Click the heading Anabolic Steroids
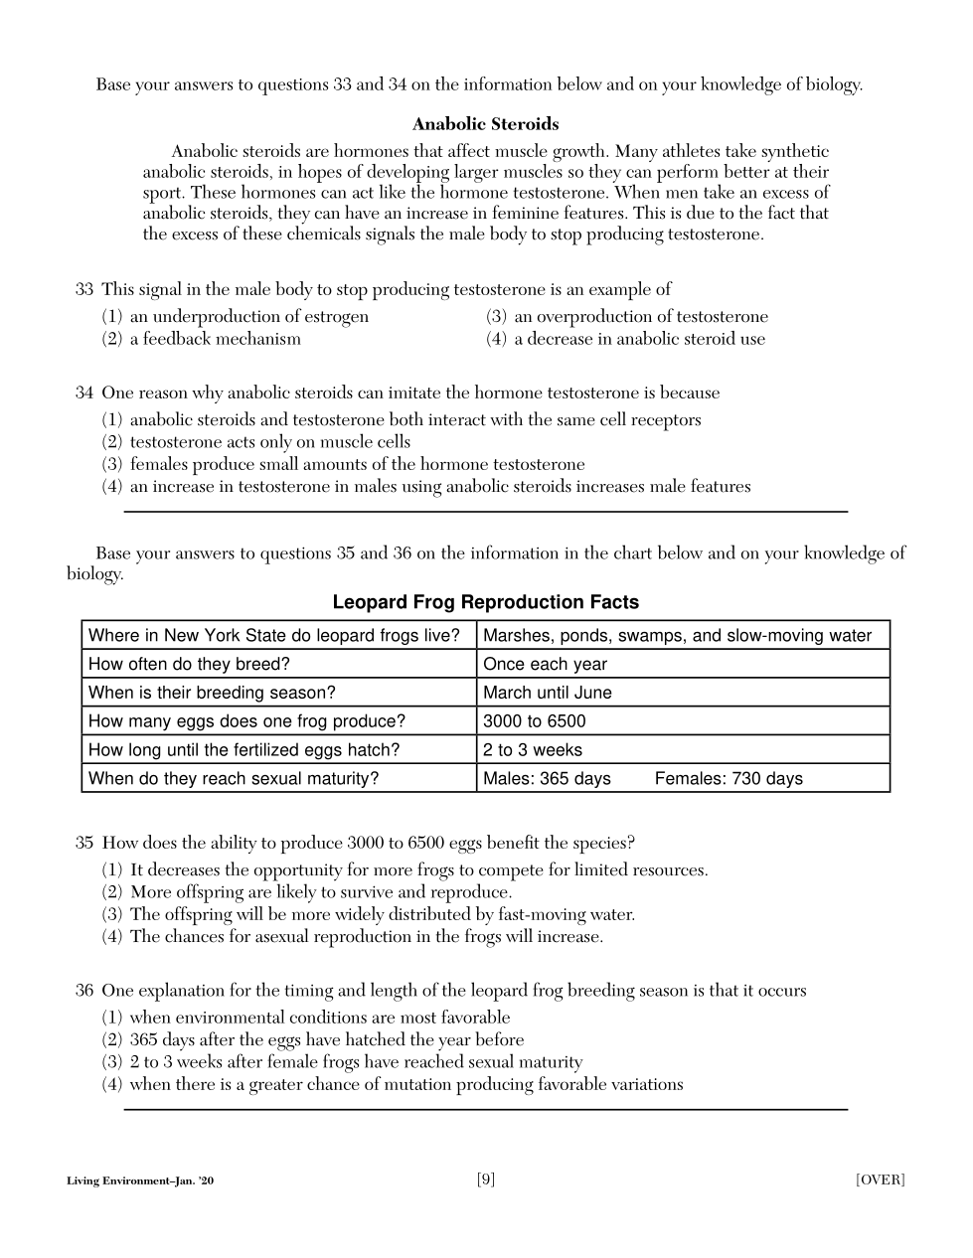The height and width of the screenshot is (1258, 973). [x=485, y=124]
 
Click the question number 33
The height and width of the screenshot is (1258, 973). [x=84, y=289]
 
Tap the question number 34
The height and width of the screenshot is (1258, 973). [x=84, y=393]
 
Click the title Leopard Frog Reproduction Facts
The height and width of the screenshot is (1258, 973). [x=485, y=602]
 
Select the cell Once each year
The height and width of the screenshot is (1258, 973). [x=545, y=664]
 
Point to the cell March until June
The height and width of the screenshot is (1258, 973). [x=548, y=693]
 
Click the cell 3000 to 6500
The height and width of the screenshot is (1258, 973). [x=535, y=721]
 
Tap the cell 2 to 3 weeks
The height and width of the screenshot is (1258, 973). [x=533, y=750]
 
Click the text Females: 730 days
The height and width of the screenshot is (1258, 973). [x=729, y=779]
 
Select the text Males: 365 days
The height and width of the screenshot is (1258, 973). [x=547, y=779]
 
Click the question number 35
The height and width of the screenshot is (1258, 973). [x=84, y=843]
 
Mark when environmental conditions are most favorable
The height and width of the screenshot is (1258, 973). [x=319, y=1018]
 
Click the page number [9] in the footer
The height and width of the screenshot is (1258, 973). [x=486, y=1179]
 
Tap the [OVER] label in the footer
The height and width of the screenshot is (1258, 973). [x=880, y=1179]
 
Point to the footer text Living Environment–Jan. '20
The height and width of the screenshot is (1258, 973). [x=140, y=1180]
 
